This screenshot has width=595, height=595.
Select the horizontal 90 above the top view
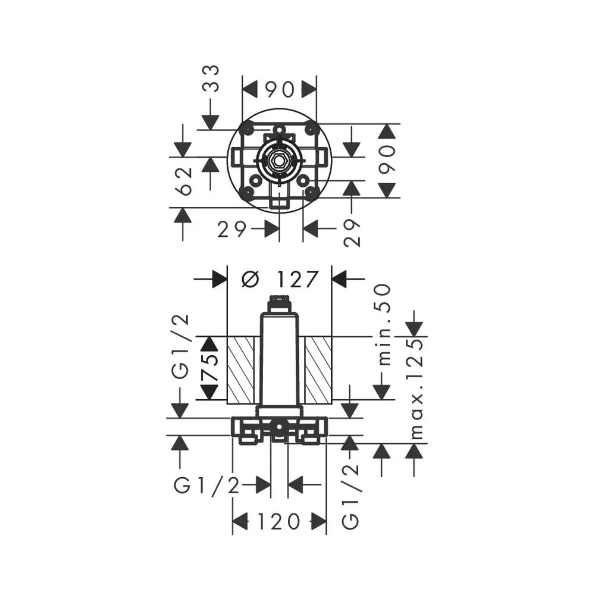(280, 90)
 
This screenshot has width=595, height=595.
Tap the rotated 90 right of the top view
(387, 159)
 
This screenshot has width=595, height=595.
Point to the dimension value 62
(185, 181)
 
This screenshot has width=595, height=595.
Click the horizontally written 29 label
(232, 229)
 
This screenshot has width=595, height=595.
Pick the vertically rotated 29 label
(352, 233)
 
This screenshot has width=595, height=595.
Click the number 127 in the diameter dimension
(297, 279)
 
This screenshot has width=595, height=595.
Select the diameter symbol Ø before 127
(250, 280)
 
